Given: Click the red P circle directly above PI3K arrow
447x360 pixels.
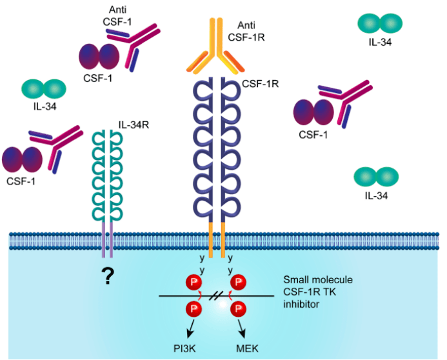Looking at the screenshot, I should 192,307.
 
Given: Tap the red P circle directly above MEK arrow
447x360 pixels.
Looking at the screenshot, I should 238,307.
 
